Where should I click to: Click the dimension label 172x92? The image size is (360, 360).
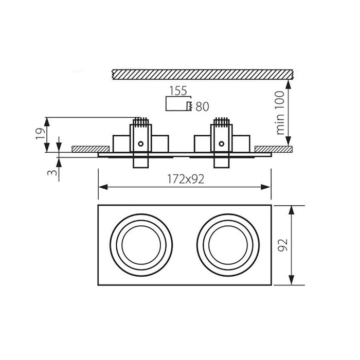pyautogui.click(x=186, y=179)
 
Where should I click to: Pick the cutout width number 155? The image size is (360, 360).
pyautogui.click(x=177, y=91)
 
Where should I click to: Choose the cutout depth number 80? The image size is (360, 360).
pyautogui.click(x=202, y=107)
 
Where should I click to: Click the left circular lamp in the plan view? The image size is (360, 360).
pyautogui.click(x=141, y=245)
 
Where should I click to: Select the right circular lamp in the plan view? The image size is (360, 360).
pyautogui.click(x=227, y=245)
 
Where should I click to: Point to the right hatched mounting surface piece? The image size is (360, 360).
pyautogui.click(x=275, y=149)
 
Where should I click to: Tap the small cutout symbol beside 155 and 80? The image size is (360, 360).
pyautogui.click(x=178, y=104)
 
